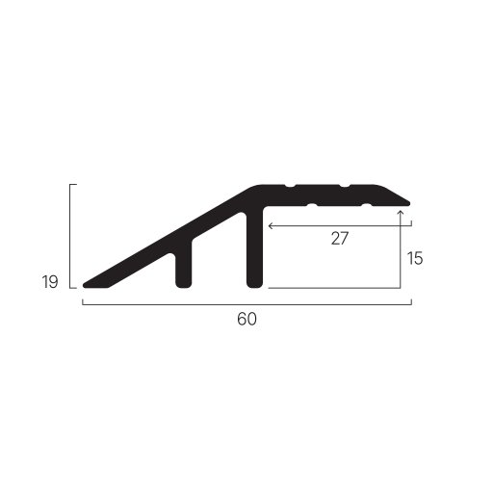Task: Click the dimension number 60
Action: pos(246,319)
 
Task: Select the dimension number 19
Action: pos(50,282)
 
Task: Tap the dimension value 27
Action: pos(340,239)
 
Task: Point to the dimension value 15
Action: pos(415,258)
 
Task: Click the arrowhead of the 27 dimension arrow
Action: pos(271,226)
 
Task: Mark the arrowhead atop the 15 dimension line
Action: pos(401,212)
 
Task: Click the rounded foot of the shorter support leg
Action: pos(184,284)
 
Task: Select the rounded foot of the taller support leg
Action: pos(254,284)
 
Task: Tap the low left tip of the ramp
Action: pos(86,285)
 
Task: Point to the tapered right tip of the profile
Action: pos(407,203)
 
